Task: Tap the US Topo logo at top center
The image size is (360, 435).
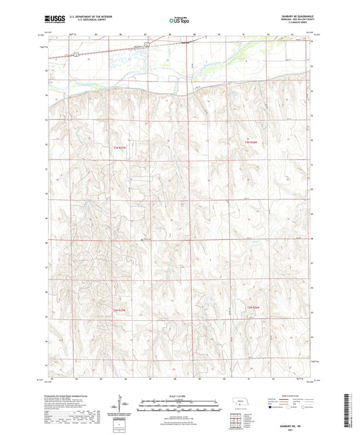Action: tap(179, 20)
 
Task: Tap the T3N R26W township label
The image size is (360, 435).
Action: tap(252, 142)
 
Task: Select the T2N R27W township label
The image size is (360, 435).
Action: tap(120, 309)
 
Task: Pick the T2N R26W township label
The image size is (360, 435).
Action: tap(252, 308)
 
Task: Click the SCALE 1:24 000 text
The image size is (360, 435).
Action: tap(179, 396)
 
